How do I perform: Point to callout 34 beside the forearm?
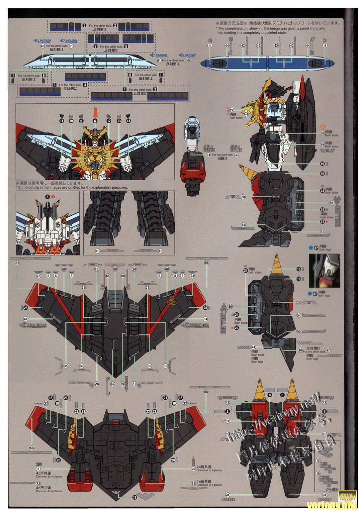[208, 155]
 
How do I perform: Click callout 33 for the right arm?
[237, 155]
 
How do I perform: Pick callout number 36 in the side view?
[322, 133]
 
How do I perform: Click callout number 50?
[230, 306]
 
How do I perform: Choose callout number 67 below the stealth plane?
[113, 384]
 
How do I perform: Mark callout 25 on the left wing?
[26, 308]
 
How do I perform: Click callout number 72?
[38, 484]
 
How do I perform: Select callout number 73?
[193, 483]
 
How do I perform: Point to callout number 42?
[227, 402]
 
